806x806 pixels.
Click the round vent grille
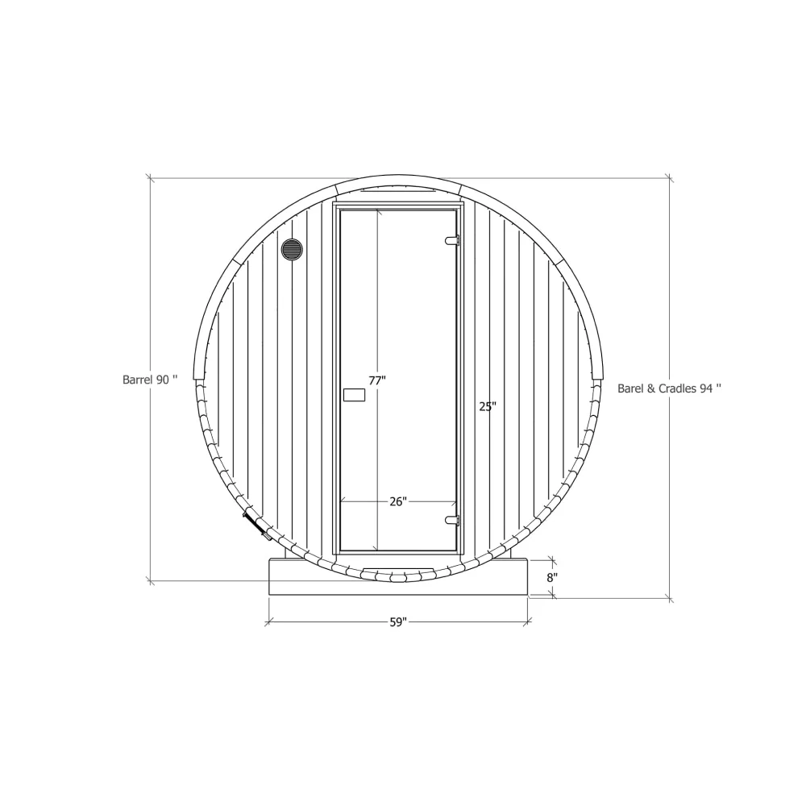click(x=292, y=249)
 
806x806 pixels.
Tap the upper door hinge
click(x=452, y=239)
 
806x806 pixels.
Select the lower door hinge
click(x=452, y=521)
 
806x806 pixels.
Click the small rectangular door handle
click(x=354, y=394)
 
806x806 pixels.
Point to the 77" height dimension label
click(x=377, y=380)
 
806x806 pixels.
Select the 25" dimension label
click(x=487, y=407)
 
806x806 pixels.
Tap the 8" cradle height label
click(x=550, y=577)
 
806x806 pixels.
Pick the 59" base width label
click(x=398, y=622)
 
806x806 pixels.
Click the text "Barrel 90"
click(x=149, y=379)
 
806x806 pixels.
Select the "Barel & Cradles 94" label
click(x=669, y=388)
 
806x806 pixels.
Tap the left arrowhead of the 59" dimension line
click(x=269, y=621)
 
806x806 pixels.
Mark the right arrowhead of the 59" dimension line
click(x=528, y=621)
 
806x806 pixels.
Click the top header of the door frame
click(x=398, y=205)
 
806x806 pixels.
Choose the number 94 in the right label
click(x=706, y=388)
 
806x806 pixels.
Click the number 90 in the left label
click(x=163, y=379)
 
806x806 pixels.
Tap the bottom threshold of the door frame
click(x=398, y=555)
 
